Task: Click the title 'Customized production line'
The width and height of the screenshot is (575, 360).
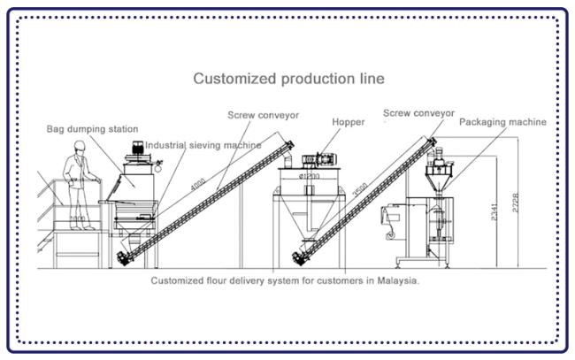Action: click(288, 79)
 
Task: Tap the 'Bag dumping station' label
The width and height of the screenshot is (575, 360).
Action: click(92, 129)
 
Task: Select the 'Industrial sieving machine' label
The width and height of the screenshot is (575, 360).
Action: click(203, 145)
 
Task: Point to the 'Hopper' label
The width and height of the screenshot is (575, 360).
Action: click(349, 122)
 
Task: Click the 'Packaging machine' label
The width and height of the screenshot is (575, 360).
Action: click(502, 122)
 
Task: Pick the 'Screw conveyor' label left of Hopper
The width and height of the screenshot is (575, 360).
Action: click(262, 116)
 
